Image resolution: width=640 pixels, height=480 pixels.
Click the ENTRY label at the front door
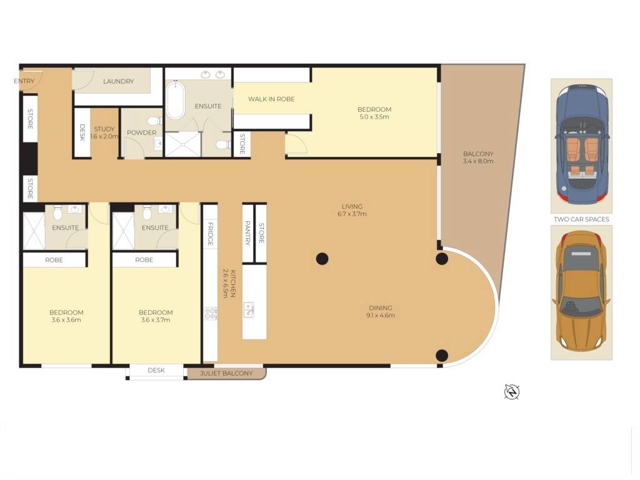click(x=24, y=81)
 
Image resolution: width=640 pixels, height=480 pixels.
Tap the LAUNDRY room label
click(x=118, y=81)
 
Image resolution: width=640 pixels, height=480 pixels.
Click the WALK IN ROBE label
click(x=271, y=99)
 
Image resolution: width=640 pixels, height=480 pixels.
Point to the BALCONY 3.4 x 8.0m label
click(x=478, y=157)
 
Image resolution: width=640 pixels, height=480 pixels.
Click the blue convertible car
click(x=581, y=145)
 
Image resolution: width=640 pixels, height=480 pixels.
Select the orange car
click(x=581, y=292)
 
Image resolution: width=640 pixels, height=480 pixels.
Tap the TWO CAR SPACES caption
click(x=581, y=219)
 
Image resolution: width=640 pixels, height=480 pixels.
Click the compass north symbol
click(x=512, y=392)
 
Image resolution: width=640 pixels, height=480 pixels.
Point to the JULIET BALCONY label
click(x=226, y=374)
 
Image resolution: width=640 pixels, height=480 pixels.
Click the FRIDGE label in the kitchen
click(x=211, y=233)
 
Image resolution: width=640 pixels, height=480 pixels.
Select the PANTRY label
click(x=247, y=232)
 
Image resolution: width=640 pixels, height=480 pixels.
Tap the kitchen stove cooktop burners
click(x=210, y=313)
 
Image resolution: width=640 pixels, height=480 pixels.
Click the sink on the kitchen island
click(x=249, y=309)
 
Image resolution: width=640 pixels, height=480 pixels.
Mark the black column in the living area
click(x=322, y=258)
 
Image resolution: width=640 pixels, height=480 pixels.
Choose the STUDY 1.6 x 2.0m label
click(x=104, y=132)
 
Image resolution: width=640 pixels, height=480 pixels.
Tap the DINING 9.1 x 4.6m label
click(x=380, y=311)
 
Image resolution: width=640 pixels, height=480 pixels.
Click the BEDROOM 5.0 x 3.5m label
click(x=374, y=113)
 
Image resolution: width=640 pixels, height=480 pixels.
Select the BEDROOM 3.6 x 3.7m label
click(x=156, y=316)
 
